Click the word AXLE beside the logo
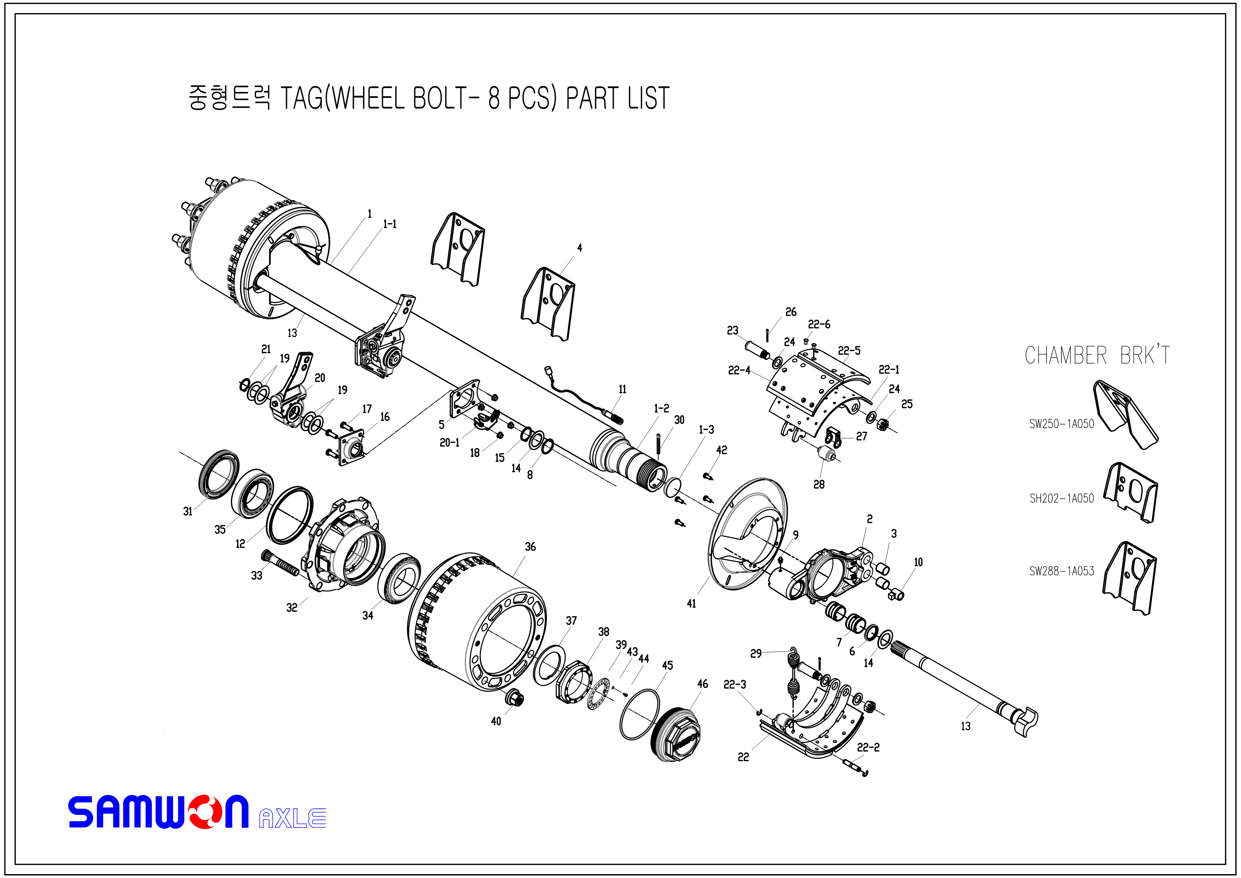[293, 818]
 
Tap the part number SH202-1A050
[1061, 498]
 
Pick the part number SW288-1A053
[1061, 571]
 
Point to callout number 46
[702, 684]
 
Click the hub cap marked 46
[677, 735]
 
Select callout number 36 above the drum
[530, 547]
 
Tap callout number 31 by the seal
[187, 511]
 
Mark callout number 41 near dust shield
[691, 604]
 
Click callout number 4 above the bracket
[579, 248]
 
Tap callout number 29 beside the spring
[756, 654]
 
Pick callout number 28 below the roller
[819, 485]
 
